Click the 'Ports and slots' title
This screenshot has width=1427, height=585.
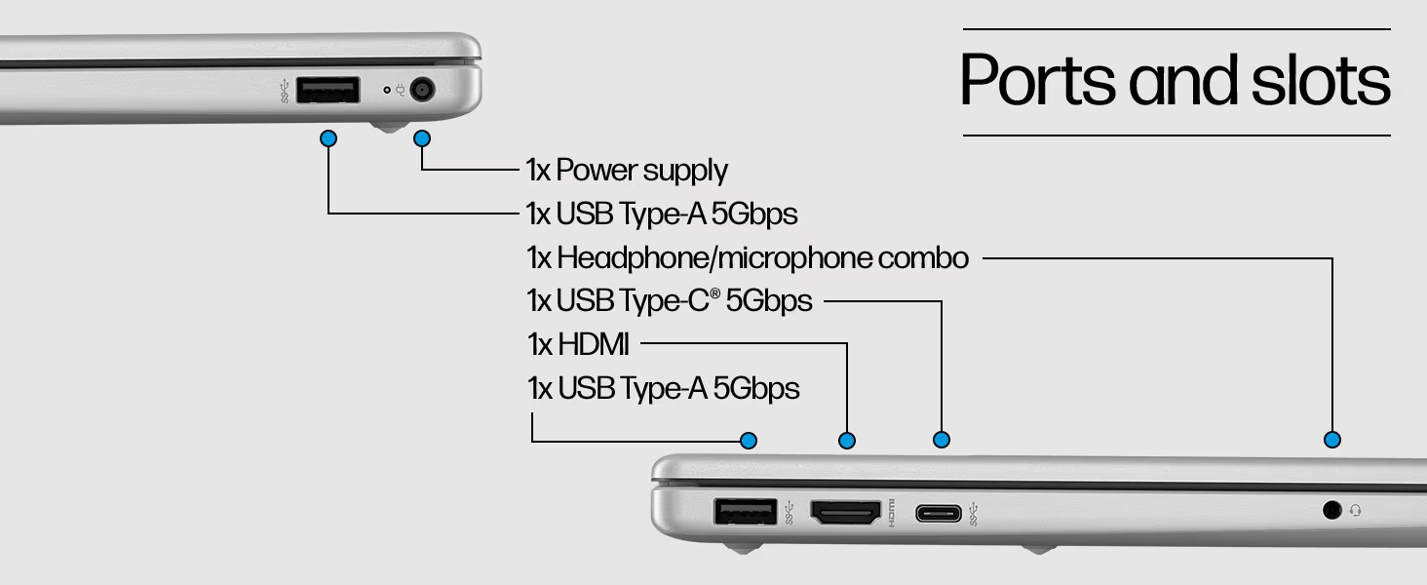tap(1176, 80)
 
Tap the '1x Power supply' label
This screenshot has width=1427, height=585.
tap(627, 170)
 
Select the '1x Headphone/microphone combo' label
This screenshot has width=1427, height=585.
tap(748, 258)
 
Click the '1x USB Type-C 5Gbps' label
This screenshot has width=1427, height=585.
tap(669, 301)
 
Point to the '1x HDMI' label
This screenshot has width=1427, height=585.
tap(578, 344)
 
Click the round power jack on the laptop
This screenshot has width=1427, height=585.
tap(422, 91)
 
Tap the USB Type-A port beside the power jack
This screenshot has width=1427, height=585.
tap(328, 91)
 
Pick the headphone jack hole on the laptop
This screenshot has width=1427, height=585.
tap(1331, 509)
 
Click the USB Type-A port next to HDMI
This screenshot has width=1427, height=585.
tap(746, 511)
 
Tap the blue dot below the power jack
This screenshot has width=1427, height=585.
tap(422, 138)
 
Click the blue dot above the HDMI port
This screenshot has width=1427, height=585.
tap(847, 441)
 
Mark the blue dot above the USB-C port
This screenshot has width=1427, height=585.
tap(941, 440)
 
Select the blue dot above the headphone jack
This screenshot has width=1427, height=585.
tap(1332, 440)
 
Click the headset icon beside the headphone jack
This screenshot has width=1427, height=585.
tap(1356, 510)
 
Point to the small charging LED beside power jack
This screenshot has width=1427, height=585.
tap(387, 91)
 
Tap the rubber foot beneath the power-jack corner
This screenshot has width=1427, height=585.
tap(390, 126)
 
